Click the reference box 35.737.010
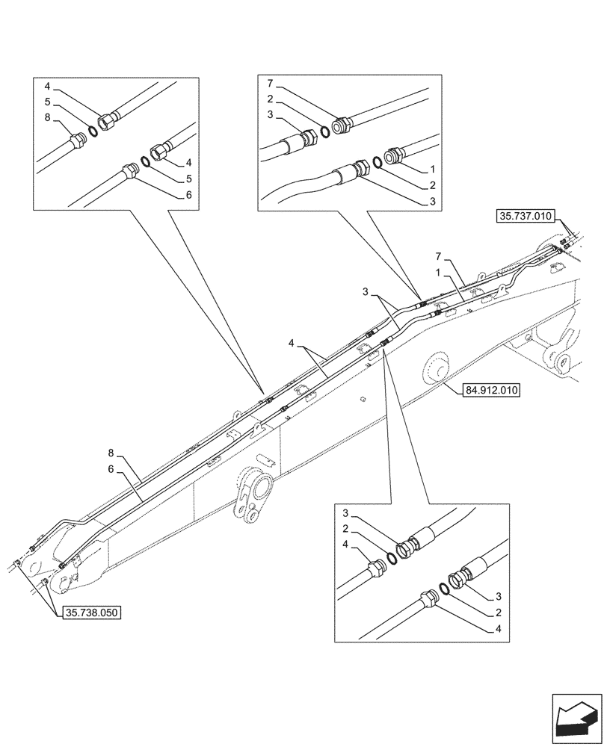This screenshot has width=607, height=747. [x=524, y=217]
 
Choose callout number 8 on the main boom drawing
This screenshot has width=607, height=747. [x=110, y=453]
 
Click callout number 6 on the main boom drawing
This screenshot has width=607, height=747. [x=110, y=468]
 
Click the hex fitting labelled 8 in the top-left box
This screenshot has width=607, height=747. [x=76, y=140]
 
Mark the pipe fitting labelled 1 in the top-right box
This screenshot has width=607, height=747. [x=393, y=157]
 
